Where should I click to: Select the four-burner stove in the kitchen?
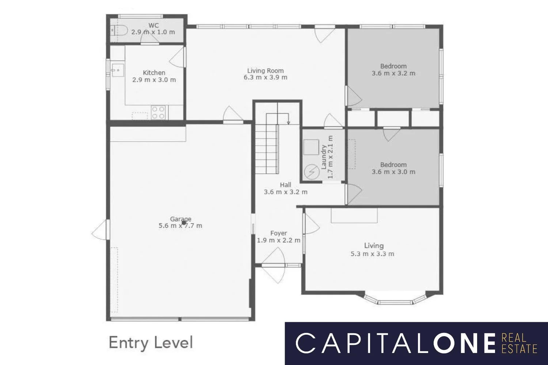158,112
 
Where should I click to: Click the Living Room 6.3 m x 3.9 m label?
265,74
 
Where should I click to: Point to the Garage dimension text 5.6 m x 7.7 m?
180,226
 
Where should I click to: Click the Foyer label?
278,233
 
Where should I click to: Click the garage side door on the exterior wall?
100,230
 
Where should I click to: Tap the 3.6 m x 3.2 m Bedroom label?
393,70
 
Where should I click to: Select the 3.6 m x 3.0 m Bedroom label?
393,168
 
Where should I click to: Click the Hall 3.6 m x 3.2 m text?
286,188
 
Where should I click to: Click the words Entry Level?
151,343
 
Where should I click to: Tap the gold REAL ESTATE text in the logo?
519,343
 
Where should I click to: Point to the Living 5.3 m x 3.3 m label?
373,250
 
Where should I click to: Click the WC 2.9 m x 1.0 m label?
153,29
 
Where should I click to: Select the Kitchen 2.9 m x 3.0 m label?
154,76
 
